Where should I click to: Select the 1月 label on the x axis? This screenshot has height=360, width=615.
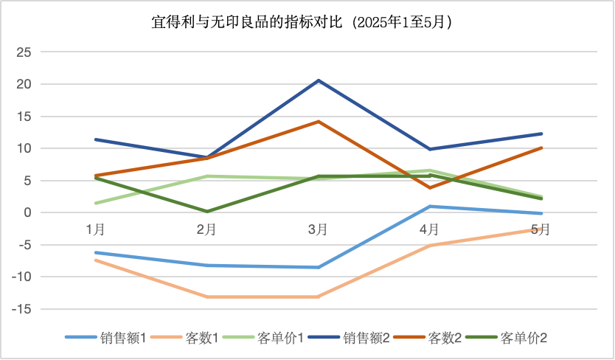[95, 229]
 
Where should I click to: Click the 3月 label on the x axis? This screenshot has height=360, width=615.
[318, 229]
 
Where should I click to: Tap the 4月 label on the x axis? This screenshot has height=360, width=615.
[430, 229]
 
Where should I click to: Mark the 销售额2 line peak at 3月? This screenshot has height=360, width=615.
[319, 80]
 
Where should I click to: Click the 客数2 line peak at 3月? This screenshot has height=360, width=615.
[319, 121]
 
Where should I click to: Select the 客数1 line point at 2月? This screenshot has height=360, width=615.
[207, 297]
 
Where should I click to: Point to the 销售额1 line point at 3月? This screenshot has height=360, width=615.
[319, 267]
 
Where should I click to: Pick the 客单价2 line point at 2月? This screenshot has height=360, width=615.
[207, 211]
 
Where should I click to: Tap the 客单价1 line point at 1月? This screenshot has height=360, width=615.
[95, 204]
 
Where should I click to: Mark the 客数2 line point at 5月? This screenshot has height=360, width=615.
[542, 148]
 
